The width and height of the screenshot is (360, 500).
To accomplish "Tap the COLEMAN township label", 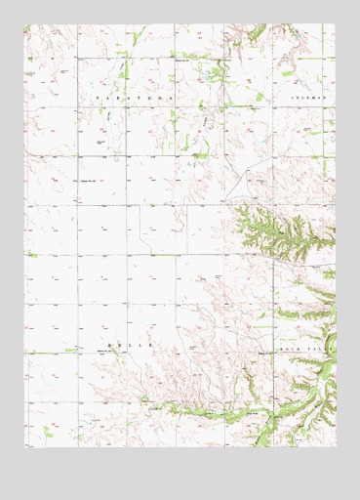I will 309,100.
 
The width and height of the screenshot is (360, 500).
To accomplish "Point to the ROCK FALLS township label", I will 309,347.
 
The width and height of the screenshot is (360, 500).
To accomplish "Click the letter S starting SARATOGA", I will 97,100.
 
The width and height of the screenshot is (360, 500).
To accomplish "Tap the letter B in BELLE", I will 108,347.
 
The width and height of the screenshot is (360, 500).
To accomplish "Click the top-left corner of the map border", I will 26,25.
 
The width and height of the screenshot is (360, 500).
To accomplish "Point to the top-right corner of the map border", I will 335,25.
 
